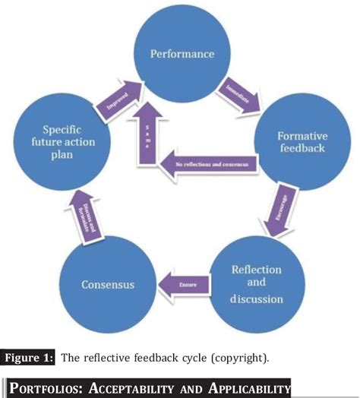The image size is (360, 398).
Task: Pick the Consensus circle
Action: pos(107,285)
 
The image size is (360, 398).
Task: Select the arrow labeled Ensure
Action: pos(182,285)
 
